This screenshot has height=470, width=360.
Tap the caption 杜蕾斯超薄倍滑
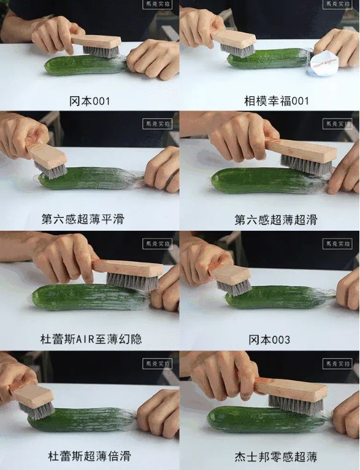tap(90, 457)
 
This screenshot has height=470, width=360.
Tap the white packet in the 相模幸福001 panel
tap(323, 61)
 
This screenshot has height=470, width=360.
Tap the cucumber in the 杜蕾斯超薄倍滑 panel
tap(86, 420)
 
